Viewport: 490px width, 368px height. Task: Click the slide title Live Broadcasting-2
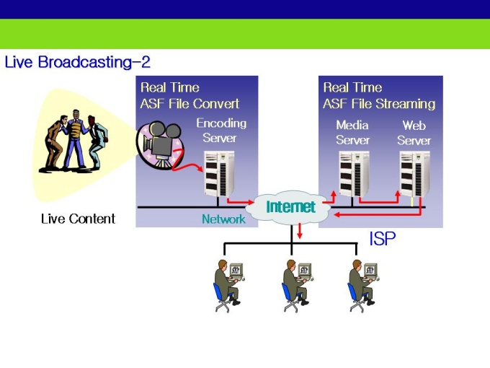point(77,62)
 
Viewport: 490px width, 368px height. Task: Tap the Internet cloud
point(290,207)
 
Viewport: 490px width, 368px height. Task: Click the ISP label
point(382,240)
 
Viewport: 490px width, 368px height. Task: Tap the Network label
point(223,219)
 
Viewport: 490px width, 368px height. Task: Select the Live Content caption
point(78,219)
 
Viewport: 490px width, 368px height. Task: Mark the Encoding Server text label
point(220,131)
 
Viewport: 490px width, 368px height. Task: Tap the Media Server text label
point(353,132)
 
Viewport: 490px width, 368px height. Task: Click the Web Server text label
point(414,132)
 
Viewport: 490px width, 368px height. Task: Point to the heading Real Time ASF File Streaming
point(379,95)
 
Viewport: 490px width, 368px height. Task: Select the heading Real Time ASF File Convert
point(190,95)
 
